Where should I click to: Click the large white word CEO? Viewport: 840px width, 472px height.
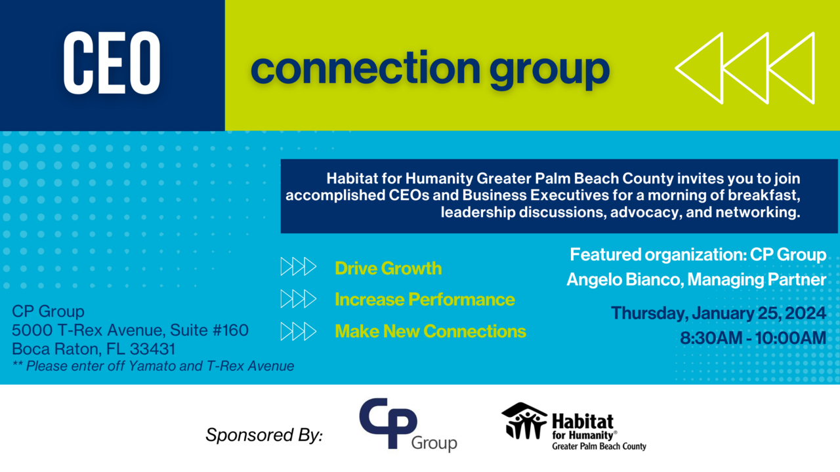tap(112, 64)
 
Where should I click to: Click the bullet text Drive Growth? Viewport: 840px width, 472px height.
tap(388, 268)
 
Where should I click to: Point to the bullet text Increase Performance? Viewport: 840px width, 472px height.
tap(425, 300)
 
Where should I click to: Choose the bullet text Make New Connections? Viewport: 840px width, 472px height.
tap(430, 331)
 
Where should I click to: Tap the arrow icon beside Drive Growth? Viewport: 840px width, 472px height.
tap(299, 267)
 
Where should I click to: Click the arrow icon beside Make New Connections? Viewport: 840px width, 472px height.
tap(299, 331)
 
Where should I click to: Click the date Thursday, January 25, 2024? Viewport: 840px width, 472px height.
tap(719, 313)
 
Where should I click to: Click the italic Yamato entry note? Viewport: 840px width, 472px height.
tap(153, 366)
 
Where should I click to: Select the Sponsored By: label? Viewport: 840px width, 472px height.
tap(264, 435)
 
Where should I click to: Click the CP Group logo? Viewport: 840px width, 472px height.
tap(408, 425)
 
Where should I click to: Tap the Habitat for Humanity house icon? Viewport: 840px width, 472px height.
tap(524, 420)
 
